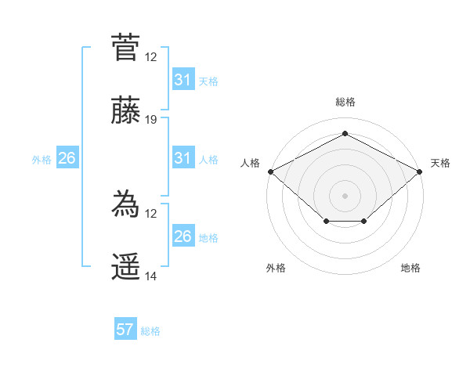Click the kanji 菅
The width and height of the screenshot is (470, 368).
[125, 46]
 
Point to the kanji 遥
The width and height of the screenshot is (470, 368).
[125, 268]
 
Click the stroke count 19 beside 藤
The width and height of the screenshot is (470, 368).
[151, 120]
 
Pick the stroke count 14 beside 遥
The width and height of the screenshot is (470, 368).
[151, 277]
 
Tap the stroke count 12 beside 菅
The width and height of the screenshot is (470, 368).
[151, 56]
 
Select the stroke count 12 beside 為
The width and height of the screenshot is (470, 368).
[151, 214]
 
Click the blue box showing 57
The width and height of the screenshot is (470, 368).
[125, 330]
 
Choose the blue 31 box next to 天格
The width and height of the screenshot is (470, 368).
[183, 80]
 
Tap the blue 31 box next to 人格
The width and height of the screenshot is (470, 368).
[183, 159]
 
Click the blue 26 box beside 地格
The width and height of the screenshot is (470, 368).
[183, 236]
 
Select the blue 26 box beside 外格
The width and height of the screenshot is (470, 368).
[67, 159]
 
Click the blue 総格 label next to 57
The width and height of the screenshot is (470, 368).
[150, 331]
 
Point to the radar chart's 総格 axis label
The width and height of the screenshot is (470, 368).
[345, 102]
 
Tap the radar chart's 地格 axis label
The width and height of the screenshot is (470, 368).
[410, 269]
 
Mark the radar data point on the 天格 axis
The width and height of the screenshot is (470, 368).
[421, 171]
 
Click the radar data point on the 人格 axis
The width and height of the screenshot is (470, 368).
[270, 171]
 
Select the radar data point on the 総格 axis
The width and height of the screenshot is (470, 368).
[345, 134]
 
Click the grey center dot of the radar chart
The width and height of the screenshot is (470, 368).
[345, 195]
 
